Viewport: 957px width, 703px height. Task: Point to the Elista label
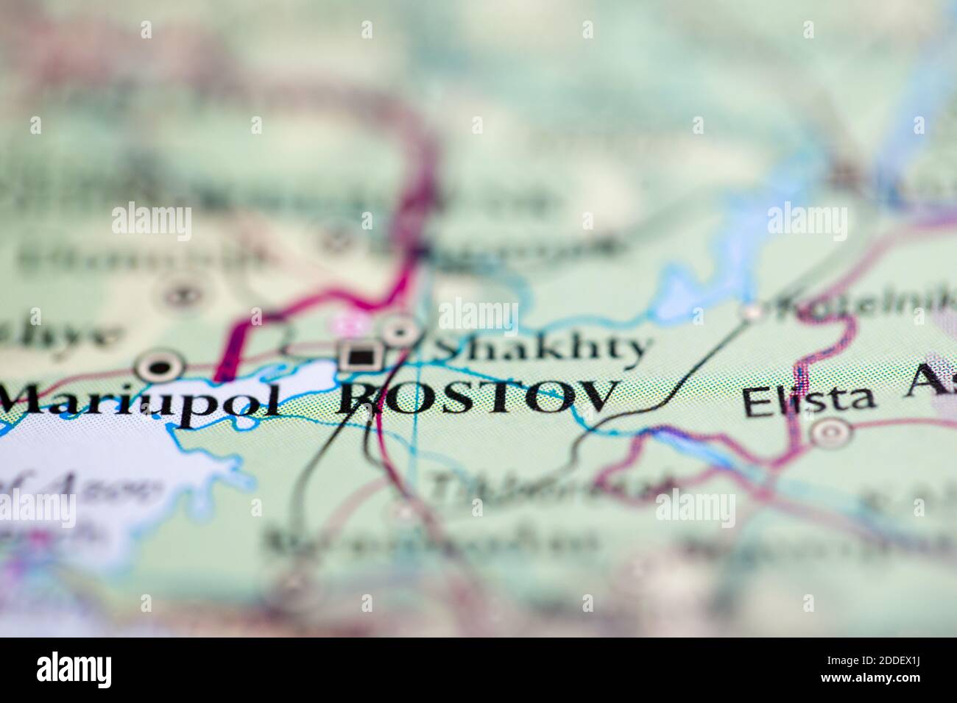(x=809, y=401)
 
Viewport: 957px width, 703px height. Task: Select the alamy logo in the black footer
(x=74, y=670)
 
